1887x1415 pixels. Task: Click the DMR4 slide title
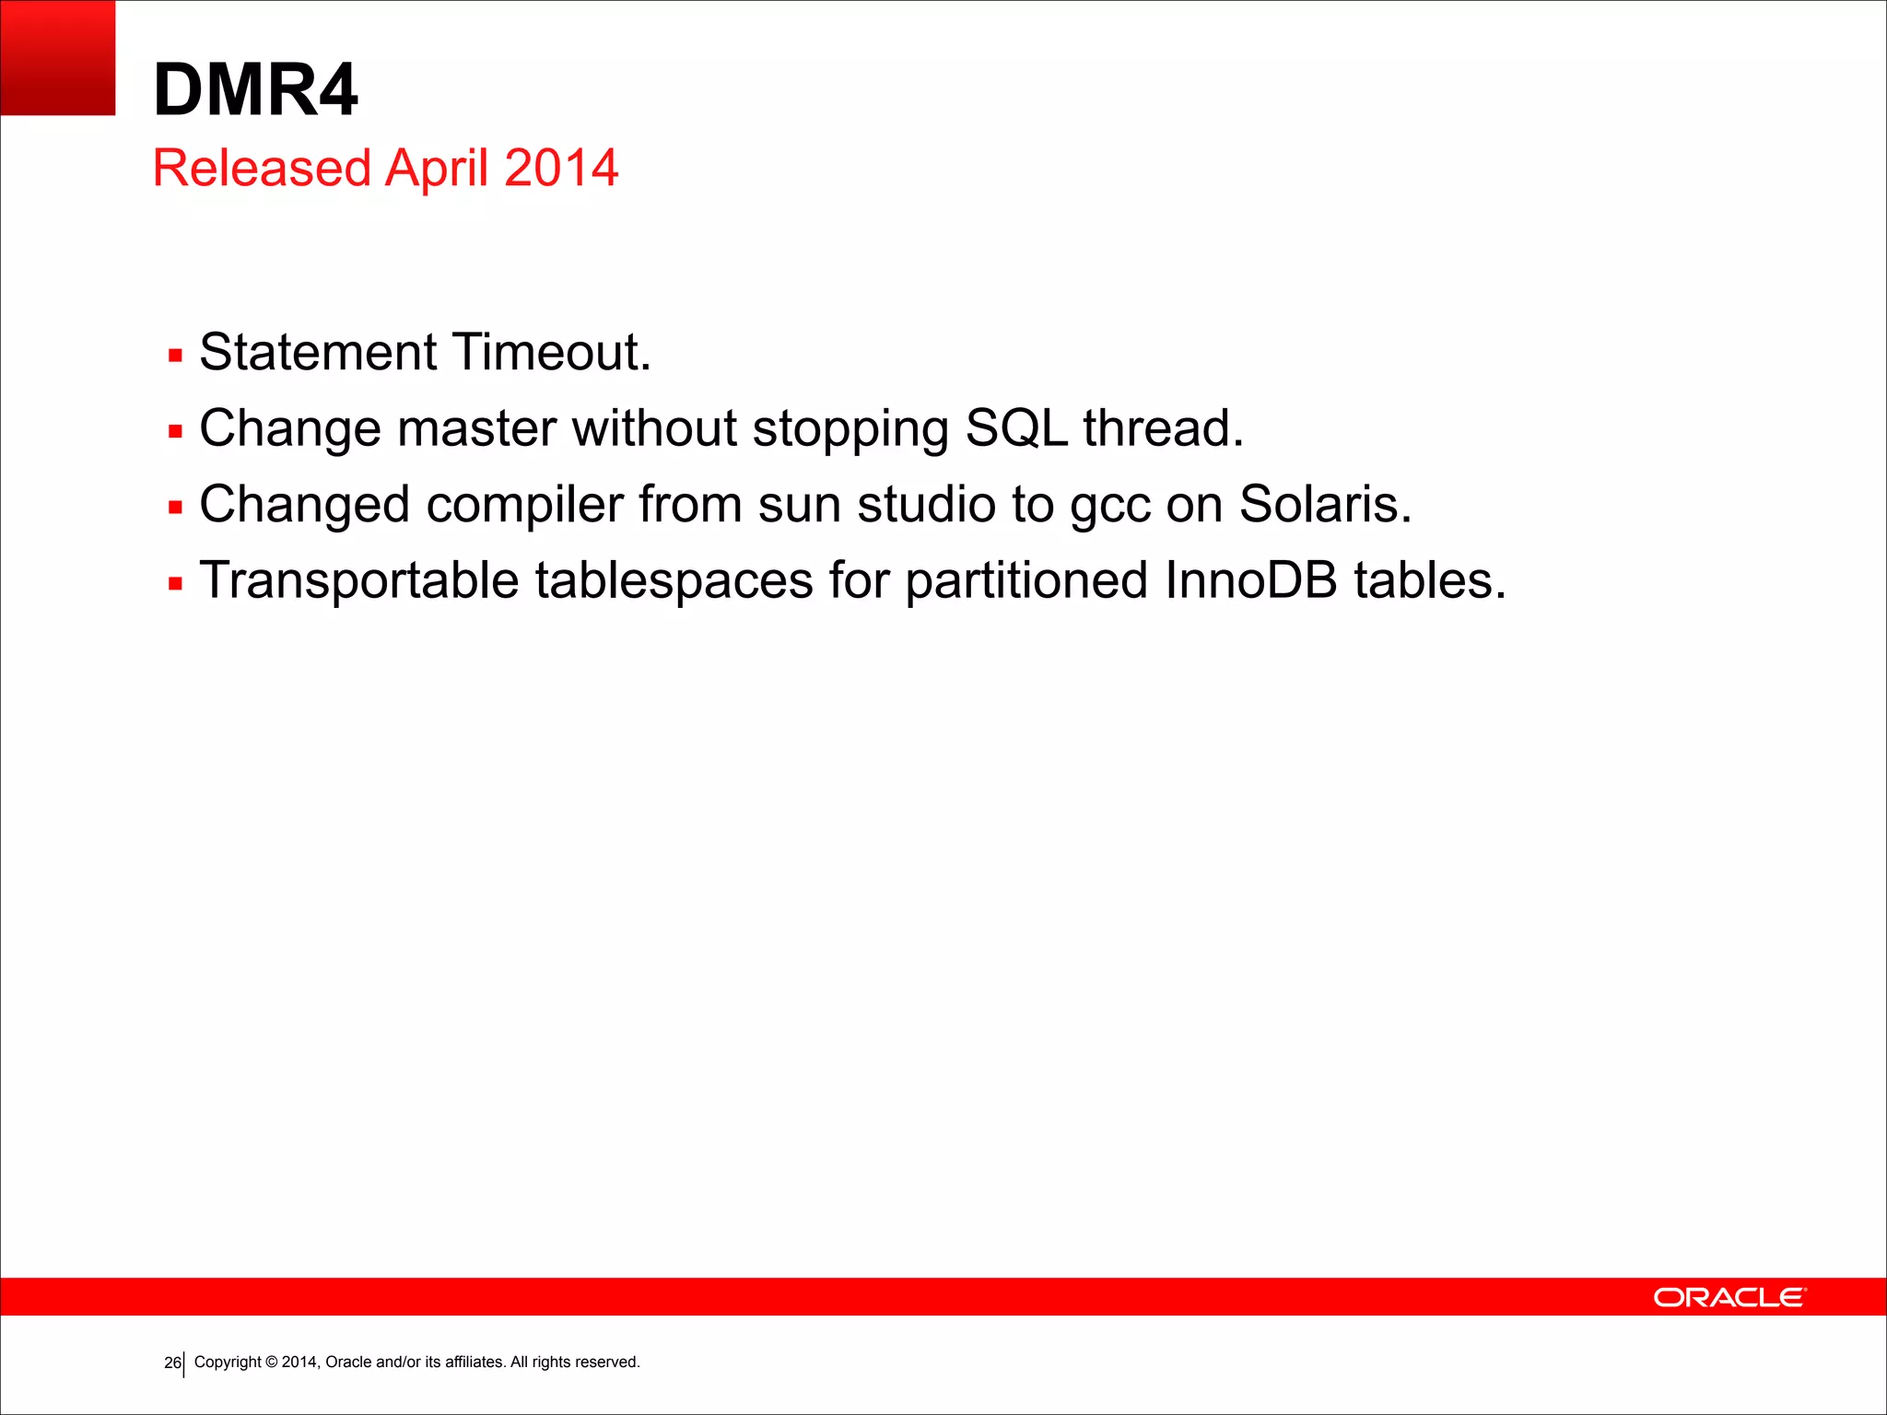pos(255,90)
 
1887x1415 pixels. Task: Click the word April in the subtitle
pos(437,170)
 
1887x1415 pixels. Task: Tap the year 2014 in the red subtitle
pos(561,169)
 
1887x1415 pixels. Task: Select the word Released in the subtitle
pos(262,169)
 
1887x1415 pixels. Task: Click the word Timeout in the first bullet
pos(551,353)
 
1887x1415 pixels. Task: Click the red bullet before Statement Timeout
pos(175,356)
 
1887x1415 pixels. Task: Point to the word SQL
pos(1015,429)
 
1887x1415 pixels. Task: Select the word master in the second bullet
pos(476,429)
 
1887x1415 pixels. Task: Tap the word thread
pos(1163,429)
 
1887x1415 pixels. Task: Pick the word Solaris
pos(1324,505)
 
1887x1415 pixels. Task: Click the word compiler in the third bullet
pos(524,507)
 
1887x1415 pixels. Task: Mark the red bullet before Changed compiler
pos(175,508)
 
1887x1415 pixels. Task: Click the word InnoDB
pos(1250,581)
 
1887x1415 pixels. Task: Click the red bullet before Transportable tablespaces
pos(175,584)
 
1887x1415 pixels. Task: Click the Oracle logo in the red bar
pos(1729,1297)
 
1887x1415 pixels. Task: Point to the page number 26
pos(171,1363)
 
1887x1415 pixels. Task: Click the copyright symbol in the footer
pos(272,1362)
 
